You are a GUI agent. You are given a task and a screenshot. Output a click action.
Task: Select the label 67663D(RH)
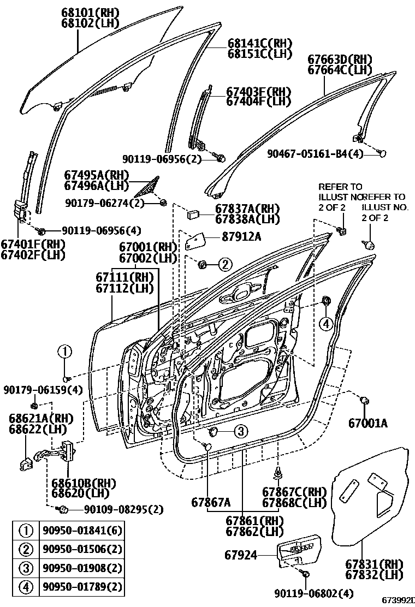(x=340, y=59)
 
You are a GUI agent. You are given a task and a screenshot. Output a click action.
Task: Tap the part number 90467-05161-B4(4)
(x=315, y=154)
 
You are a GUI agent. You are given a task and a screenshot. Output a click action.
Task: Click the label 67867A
(x=211, y=502)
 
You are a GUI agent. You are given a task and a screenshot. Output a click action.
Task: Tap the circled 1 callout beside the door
(x=65, y=351)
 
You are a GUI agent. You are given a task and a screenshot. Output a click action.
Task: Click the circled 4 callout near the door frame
(x=325, y=324)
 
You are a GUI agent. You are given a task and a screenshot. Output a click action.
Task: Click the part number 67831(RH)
(x=373, y=564)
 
